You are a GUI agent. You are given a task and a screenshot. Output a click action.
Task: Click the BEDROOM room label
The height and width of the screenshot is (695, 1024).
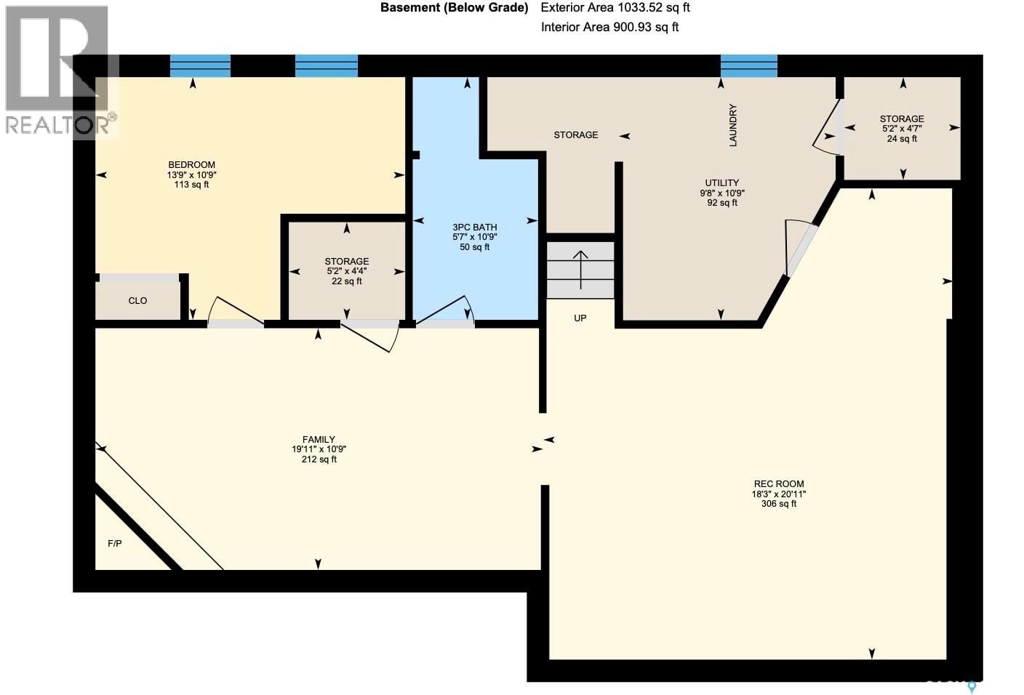click(x=191, y=164)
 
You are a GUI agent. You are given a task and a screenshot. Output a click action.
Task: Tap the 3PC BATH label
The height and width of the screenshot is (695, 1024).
click(x=474, y=227)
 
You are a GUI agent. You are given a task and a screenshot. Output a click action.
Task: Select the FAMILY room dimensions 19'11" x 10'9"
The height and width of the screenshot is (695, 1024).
click(x=319, y=449)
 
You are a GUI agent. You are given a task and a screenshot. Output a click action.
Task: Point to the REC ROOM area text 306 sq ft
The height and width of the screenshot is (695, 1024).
click(x=778, y=504)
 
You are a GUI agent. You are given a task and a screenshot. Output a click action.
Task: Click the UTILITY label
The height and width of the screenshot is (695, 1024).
click(x=721, y=182)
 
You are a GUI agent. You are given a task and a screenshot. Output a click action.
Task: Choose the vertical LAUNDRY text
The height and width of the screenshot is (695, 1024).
click(x=732, y=125)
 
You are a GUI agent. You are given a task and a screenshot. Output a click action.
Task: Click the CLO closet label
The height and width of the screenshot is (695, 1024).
click(x=137, y=300)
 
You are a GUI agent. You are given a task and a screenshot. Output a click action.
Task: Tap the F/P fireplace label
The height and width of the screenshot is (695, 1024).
click(x=114, y=543)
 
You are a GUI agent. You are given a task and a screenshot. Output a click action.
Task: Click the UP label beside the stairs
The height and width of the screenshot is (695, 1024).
click(x=580, y=318)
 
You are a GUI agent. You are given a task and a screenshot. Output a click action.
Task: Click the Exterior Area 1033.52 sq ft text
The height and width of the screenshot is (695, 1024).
click(x=615, y=8)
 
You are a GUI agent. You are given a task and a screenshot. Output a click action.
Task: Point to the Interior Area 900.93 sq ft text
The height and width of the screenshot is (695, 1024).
click(x=609, y=28)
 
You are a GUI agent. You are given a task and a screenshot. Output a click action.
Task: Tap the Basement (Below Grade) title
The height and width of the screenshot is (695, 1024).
click(x=454, y=8)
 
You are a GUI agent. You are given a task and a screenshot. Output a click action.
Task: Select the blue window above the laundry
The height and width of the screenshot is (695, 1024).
click(x=748, y=65)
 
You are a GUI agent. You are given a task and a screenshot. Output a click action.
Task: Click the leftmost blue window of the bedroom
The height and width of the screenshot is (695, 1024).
click(x=200, y=65)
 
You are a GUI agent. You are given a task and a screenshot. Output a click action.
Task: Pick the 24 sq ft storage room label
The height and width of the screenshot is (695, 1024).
click(x=902, y=139)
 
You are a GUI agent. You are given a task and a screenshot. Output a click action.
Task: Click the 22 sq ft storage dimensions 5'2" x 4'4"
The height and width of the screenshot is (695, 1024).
click(x=346, y=271)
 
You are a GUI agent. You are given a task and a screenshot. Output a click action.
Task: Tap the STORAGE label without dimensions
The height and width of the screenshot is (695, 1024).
click(x=575, y=134)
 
